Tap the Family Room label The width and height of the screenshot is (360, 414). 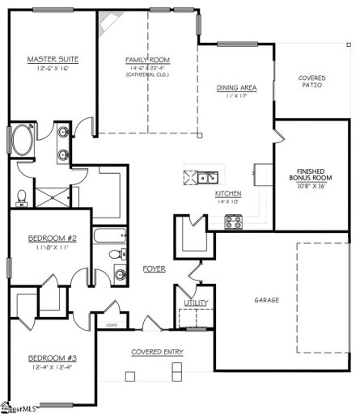146,60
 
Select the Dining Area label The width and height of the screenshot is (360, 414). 236,87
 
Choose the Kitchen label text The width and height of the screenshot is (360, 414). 227,194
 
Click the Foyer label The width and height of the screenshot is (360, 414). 154,268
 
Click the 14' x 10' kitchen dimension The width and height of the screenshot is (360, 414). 227,202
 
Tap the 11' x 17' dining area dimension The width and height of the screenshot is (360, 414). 236,95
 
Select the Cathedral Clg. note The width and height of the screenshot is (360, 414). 146,76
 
